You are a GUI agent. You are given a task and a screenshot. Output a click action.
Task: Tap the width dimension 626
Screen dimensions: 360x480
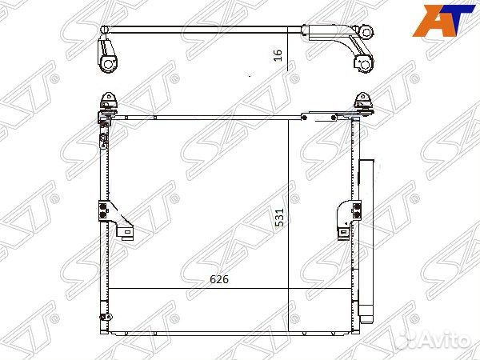219,279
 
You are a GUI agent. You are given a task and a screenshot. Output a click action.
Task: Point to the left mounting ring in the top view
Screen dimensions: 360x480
106,62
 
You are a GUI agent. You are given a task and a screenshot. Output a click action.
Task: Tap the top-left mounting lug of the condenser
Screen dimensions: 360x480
106,102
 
